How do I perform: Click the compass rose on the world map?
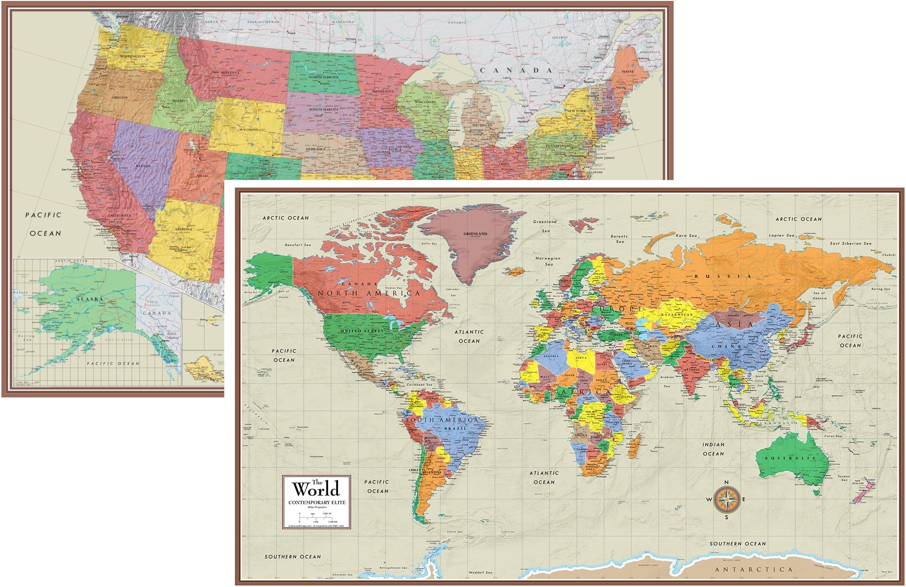tap(726, 500)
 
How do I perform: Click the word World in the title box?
tap(316, 489)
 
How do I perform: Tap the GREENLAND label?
tap(475, 234)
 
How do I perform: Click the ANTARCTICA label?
tap(754, 569)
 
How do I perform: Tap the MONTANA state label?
tap(230, 72)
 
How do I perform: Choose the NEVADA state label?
tap(143, 166)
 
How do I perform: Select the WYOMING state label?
tap(249, 130)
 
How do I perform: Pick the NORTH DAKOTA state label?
tap(323, 77)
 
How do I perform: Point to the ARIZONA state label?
tap(183, 229)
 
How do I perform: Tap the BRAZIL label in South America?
tap(455, 428)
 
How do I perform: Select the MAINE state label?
tap(628, 71)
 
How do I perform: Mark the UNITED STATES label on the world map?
tap(362, 331)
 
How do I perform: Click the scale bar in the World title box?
tap(315, 518)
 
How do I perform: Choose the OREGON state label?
tap(120, 97)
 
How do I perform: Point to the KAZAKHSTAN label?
tap(677, 314)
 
